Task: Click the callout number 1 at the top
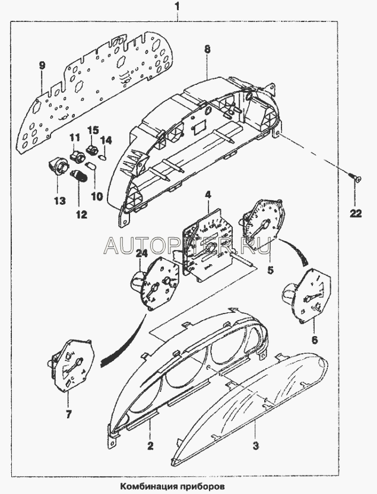pos(178,7)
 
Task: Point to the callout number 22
pos(355,213)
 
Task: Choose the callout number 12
pos(81,214)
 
